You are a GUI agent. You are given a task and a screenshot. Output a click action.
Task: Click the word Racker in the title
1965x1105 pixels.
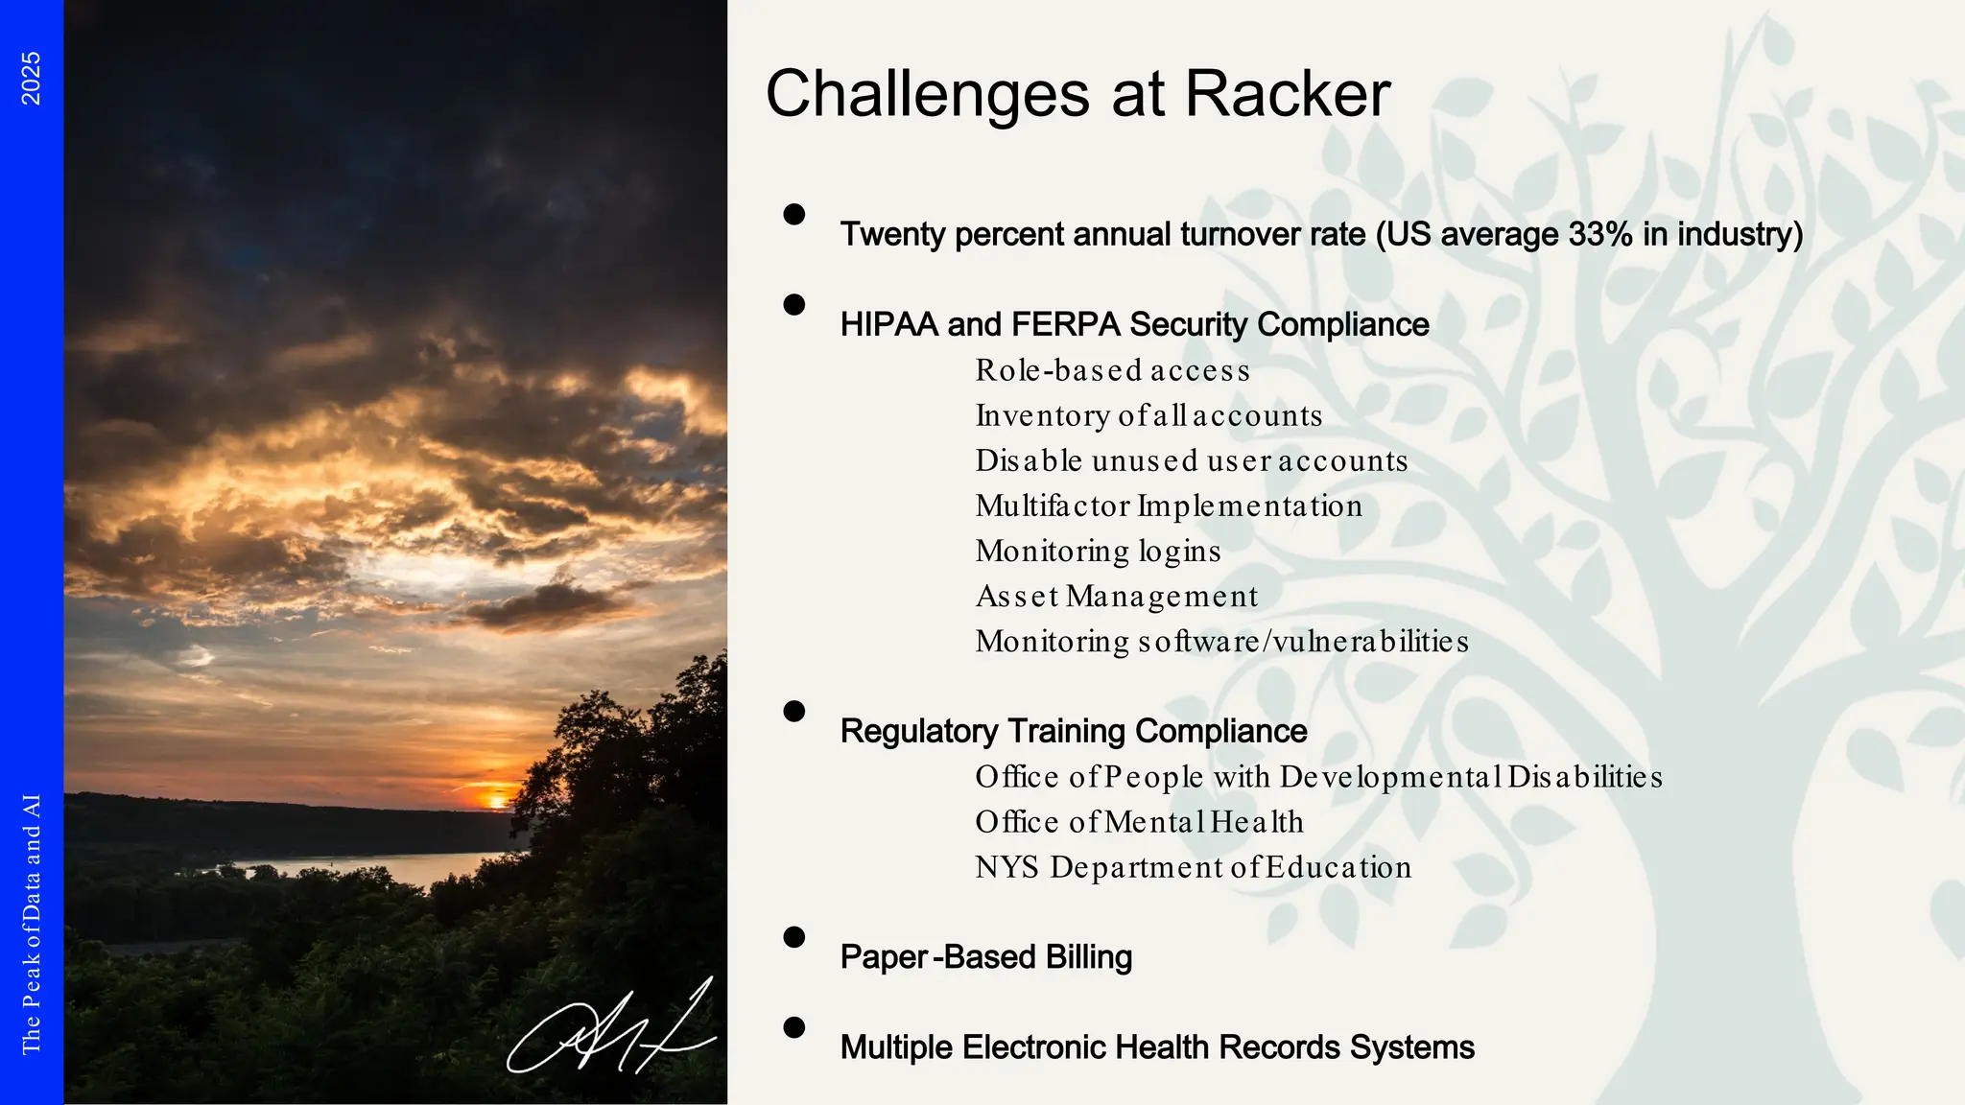(1287, 94)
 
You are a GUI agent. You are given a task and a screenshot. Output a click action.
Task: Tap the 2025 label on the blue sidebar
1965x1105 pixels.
(32, 79)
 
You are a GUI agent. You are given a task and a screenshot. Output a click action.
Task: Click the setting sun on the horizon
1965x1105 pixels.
(497, 799)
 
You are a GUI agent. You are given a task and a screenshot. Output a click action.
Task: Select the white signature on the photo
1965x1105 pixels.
(610, 1030)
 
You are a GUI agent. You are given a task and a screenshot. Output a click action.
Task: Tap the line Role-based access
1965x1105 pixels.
(1112, 370)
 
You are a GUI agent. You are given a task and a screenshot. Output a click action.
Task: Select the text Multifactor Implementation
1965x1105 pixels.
(1168, 505)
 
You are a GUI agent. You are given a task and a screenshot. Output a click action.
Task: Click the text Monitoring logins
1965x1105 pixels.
(1098, 551)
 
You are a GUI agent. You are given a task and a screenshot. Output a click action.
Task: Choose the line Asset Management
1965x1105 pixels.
(1116, 596)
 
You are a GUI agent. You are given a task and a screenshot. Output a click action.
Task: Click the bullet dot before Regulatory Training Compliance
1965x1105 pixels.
(793, 711)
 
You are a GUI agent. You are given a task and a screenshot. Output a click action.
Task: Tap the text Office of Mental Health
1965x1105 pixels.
(1139, 822)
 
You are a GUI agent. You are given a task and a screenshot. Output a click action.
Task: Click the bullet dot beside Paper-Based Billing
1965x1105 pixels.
(793, 937)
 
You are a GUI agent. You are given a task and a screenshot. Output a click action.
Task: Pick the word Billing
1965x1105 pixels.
(1088, 957)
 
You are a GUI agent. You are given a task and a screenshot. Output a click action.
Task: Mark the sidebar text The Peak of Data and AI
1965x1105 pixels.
(32, 924)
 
